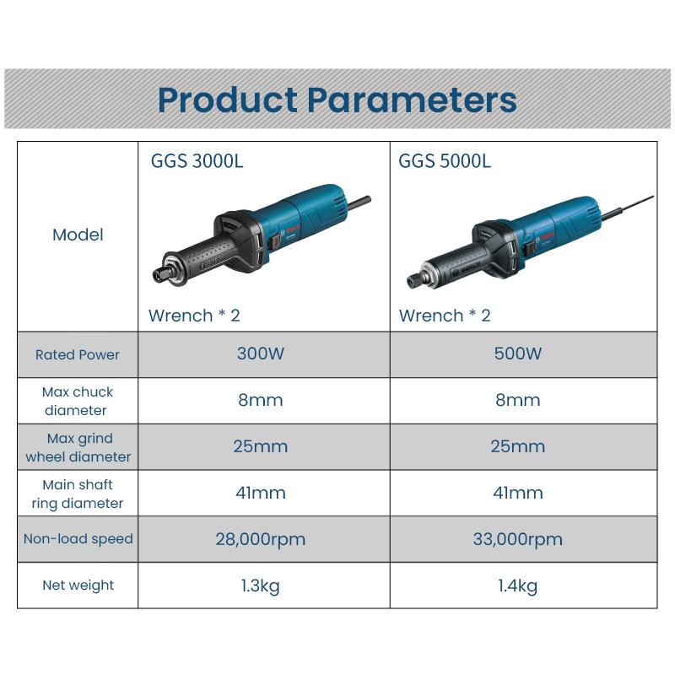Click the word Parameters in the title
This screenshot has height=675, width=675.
411,100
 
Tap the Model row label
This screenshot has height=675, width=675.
78,235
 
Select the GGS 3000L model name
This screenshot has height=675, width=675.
196,160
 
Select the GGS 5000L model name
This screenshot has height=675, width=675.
444,160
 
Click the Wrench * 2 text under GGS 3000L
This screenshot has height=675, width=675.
194,316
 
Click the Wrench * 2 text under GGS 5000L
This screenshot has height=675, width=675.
445,316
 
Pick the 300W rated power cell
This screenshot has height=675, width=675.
261,354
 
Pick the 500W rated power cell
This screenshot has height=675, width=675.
518,354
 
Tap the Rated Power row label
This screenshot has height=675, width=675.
78,354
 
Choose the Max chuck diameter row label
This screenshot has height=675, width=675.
78,401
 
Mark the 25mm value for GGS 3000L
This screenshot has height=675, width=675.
261,446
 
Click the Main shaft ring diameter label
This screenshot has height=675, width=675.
78,494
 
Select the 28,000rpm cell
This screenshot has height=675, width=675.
261,539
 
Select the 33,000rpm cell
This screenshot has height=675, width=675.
518,539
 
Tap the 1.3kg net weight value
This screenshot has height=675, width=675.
261,586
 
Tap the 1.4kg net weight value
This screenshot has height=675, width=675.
518,586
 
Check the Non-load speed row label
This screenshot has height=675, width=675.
78,538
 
